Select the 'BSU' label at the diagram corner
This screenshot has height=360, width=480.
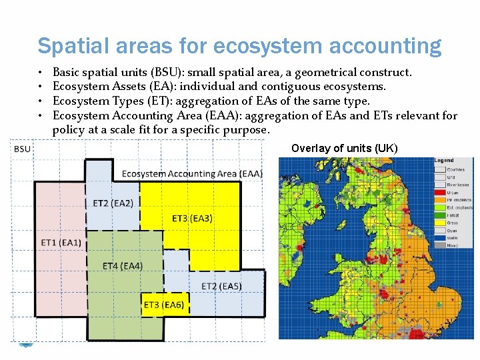coord(22,148)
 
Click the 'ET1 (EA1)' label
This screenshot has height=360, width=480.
coord(61,242)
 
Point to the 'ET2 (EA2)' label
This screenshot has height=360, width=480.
coord(113,203)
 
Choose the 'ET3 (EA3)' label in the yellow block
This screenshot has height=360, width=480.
coord(193,218)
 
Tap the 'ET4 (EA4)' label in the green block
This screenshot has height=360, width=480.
coord(123,266)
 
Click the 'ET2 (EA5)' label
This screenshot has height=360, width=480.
coord(221,286)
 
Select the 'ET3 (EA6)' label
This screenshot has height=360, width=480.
coord(163,305)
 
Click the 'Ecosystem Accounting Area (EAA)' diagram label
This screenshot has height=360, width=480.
coord(192,173)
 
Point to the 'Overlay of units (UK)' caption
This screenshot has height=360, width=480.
coord(344,148)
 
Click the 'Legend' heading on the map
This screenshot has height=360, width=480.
coord(444,161)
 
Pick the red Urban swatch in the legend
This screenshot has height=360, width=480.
coord(440,193)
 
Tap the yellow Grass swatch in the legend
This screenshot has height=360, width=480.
coord(440,223)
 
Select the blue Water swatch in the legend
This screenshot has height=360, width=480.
coord(440,238)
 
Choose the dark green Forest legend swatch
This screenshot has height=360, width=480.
coord(440,215)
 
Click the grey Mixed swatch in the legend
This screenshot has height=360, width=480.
coord(440,246)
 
